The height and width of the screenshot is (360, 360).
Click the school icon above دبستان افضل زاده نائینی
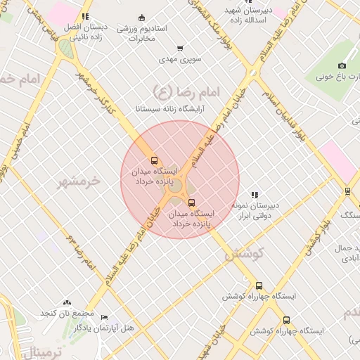point(85,15)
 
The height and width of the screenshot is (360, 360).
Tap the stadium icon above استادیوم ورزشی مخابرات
point(142,18)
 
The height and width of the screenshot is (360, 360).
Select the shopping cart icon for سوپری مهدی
point(181,49)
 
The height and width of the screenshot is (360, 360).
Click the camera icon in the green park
point(342,65)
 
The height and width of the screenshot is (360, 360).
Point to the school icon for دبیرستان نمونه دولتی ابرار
point(255,195)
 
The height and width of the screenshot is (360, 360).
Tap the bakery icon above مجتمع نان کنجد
point(67,302)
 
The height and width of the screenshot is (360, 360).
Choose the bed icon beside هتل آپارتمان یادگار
point(105,318)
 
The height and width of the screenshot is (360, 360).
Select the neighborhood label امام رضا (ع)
point(186,91)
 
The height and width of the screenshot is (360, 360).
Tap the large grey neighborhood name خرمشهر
point(79,181)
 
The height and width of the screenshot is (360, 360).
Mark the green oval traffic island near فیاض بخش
point(65,48)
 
